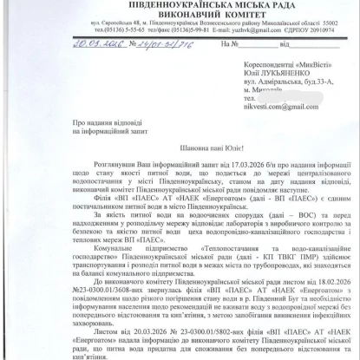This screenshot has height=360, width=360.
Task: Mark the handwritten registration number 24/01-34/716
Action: [140, 65]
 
